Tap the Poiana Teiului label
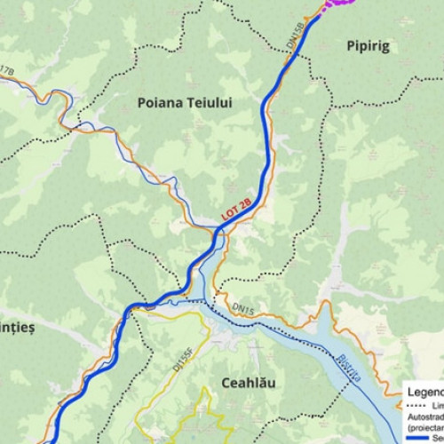pos(185,103)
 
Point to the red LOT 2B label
pos(236,210)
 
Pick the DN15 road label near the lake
pos(242,307)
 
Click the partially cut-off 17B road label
pos(7,69)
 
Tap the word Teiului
pos(210,103)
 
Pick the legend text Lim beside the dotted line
pos(436,405)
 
